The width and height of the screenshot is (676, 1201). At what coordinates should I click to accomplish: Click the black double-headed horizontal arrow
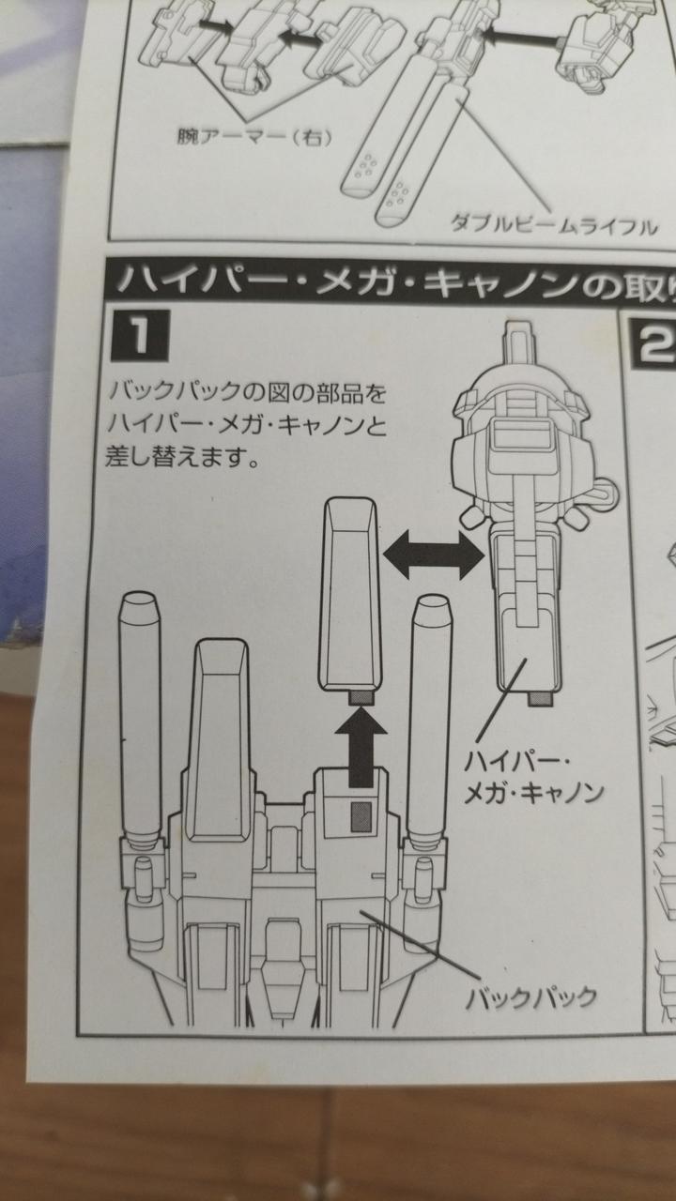432,552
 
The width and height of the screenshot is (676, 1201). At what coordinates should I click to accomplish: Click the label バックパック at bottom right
531,995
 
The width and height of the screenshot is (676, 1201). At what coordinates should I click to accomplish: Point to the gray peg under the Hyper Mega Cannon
540,699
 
